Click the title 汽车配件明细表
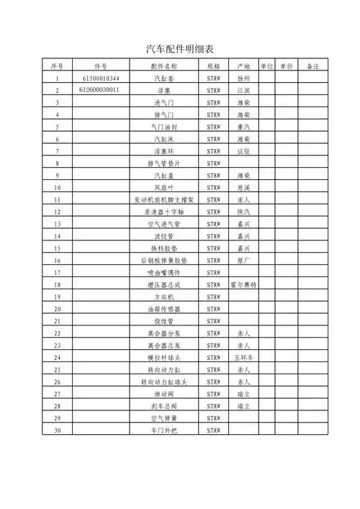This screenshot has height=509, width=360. (179, 49)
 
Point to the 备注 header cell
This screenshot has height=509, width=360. (312, 66)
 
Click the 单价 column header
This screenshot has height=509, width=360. (286, 66)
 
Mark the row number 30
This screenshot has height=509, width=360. (57, 430)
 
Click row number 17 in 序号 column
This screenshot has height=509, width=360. (57, 272)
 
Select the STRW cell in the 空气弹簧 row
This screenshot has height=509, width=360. (213, 418)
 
